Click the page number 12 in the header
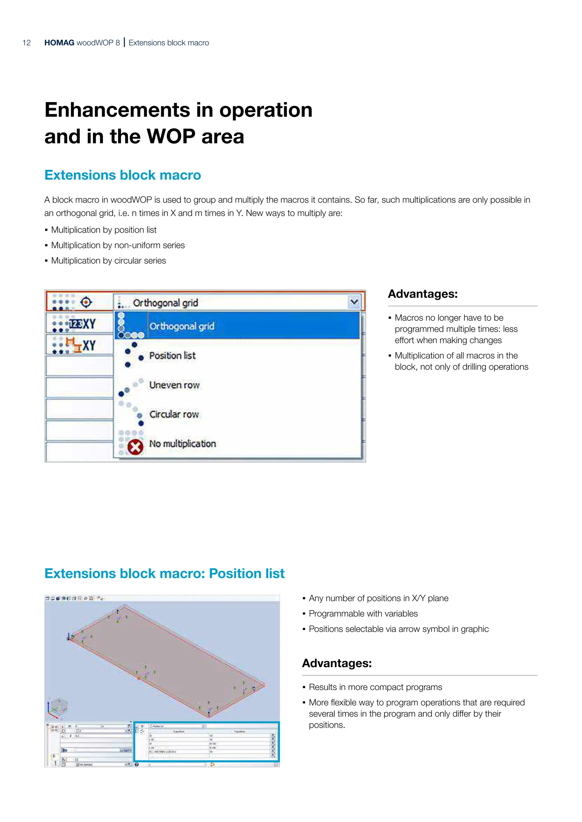[26, 43]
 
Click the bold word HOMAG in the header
[59, 43]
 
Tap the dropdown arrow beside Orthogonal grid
[354, 302]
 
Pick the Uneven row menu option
[174, 385]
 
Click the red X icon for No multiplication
[136, 447]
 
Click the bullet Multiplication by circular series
[108, 261]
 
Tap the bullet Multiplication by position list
[103, 230]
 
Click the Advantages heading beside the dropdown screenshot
[423, 294]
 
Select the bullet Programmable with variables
[363, 614]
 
